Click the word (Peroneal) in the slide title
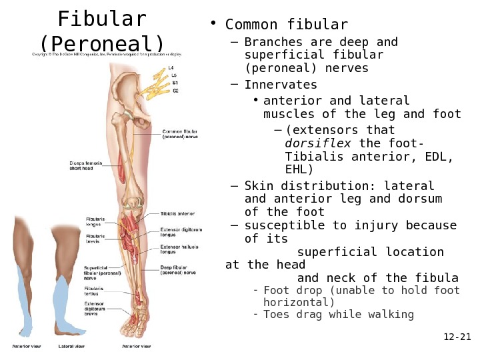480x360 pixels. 102,43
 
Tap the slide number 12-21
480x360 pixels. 457,337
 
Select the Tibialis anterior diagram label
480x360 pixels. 177,214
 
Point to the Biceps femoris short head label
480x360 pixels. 85,165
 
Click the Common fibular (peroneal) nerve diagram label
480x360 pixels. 180,134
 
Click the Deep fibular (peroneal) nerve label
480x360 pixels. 178,269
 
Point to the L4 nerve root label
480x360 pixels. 171,68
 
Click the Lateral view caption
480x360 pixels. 71,347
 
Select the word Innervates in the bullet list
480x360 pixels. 281,85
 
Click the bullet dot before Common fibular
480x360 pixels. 213,25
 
